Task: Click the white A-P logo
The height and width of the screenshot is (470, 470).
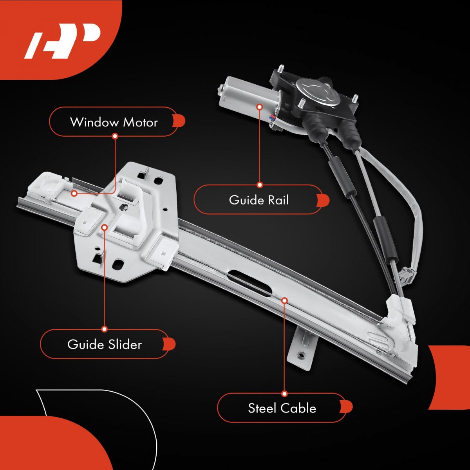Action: (x=62, y=41)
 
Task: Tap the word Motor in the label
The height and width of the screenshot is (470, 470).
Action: (x=140, y=122)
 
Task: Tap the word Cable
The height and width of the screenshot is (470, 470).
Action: (x=299, y=408)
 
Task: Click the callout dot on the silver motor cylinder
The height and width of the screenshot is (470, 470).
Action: (x=260, y=107)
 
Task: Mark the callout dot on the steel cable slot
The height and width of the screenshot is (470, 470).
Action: (x=284, y=300)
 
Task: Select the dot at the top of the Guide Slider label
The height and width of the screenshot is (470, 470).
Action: (x=105, y=329)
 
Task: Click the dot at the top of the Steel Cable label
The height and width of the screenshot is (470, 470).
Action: (x=284, y=394)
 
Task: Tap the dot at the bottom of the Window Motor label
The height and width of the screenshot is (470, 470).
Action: (x=115, y=136)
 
